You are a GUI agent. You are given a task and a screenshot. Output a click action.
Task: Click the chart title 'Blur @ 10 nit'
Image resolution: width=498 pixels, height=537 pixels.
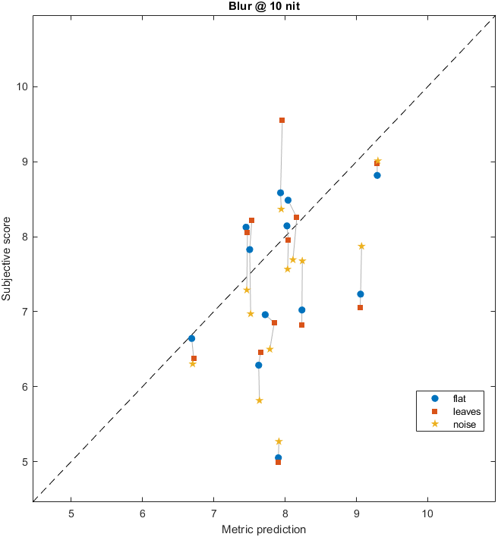(x=265, y=7)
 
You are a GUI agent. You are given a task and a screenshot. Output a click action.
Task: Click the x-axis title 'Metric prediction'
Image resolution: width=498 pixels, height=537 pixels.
(x=265, y=529)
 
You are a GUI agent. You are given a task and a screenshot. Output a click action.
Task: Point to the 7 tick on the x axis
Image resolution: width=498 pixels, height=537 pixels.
(x=213, y=513)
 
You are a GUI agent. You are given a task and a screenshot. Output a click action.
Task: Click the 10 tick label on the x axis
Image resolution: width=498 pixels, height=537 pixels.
(x=427, y=513)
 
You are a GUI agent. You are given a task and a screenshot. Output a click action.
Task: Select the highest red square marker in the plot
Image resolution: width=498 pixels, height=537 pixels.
(x=282, y=120)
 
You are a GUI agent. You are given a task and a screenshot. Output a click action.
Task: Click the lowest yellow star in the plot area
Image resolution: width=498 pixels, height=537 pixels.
(x=279, y=441)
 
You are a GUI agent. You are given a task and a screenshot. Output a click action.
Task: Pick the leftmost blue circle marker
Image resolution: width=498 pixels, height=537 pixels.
(x=191, y=338)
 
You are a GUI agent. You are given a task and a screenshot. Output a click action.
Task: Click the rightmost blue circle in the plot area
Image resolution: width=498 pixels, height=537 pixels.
(x=377, y=175)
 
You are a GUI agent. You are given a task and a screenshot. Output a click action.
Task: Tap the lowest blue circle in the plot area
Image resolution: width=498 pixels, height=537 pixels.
(x=278, y=457)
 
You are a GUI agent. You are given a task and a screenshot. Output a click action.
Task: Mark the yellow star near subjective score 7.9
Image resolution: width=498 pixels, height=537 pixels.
(x=361, y=246)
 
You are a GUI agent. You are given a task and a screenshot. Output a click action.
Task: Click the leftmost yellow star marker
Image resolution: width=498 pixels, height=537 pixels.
(x=193, y=363)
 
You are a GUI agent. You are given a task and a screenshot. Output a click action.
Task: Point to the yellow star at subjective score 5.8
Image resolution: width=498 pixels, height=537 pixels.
(x=259, y=400)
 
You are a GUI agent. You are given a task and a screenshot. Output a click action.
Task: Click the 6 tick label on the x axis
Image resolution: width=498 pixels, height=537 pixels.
(x=143, y=513)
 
